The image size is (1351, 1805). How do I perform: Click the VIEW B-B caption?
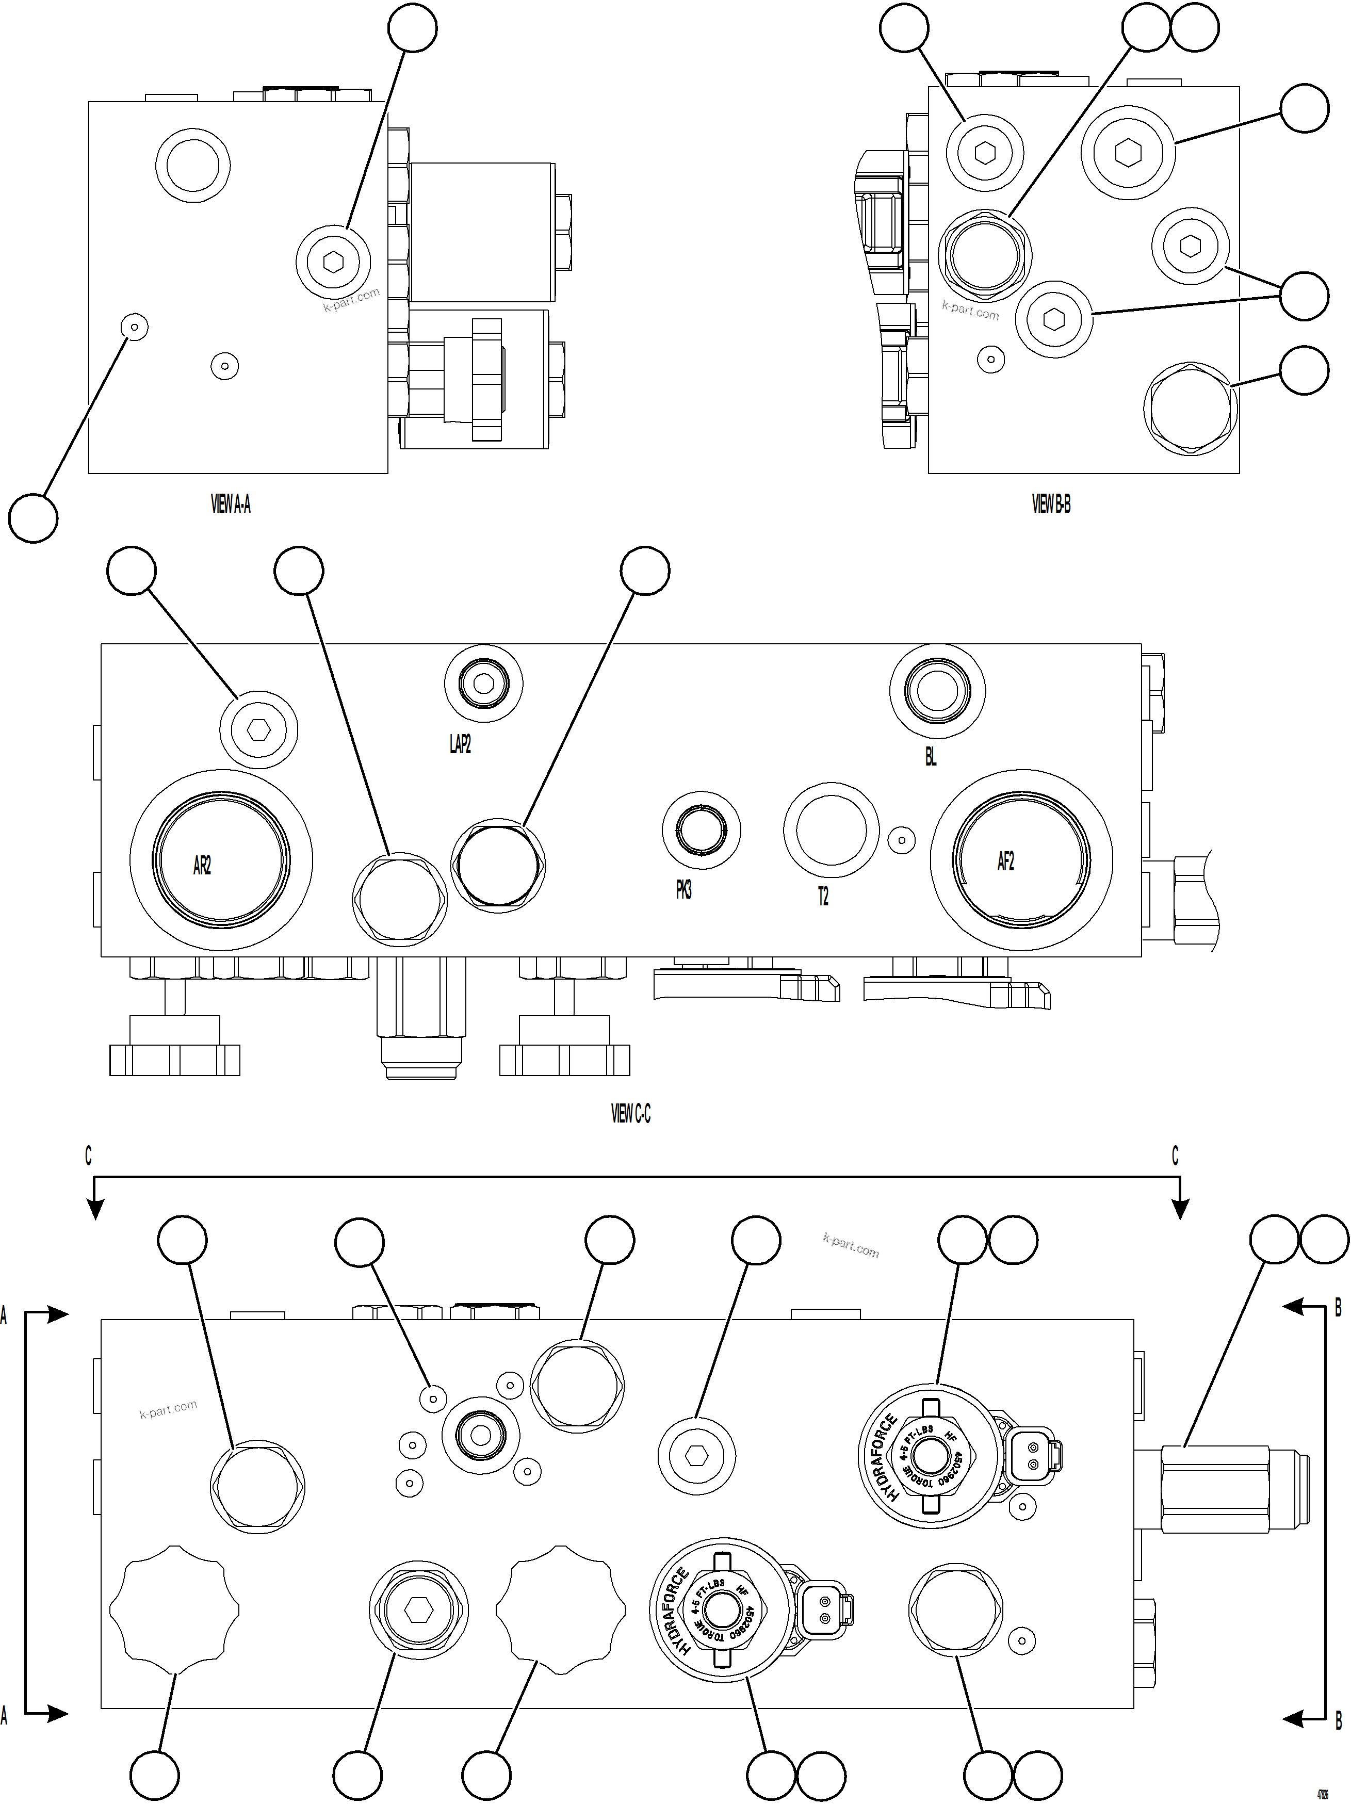click(1051, 505)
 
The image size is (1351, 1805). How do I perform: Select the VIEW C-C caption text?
click(631, 1113)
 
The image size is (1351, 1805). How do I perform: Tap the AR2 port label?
click(202, 865)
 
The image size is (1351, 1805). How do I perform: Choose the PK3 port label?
click(683, 890)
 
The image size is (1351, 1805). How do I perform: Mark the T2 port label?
click(823, 896)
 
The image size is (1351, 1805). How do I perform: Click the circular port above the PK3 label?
click(701, 830)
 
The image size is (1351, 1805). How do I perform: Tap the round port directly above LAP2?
click(484, 684)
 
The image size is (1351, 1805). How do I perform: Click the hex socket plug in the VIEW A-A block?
click(333, 261)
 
